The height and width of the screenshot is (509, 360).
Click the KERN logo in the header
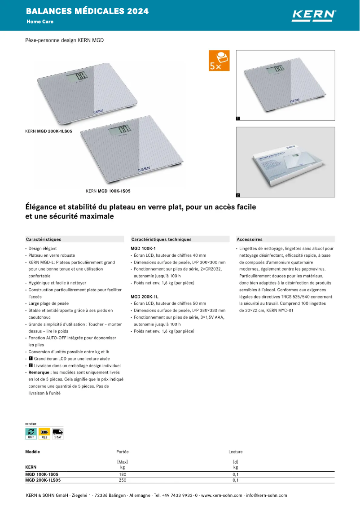314,15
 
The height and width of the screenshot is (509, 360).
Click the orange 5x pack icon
219,61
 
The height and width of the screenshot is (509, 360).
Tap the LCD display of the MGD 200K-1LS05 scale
77,78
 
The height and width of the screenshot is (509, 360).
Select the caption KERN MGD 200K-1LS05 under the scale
48,132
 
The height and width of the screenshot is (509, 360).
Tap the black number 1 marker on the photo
238,118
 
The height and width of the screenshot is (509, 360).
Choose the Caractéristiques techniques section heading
161,239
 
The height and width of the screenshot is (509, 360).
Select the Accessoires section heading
250,239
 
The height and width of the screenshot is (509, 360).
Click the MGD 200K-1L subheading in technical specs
144,297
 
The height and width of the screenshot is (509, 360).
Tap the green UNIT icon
31,433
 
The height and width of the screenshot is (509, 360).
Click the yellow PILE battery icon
44,433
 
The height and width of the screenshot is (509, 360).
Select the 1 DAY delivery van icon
57,433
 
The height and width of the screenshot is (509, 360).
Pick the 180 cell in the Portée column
123,474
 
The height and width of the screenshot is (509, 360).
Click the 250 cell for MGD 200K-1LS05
123,480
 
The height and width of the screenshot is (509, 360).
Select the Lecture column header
235,452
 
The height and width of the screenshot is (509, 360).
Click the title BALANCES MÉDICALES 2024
87,11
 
